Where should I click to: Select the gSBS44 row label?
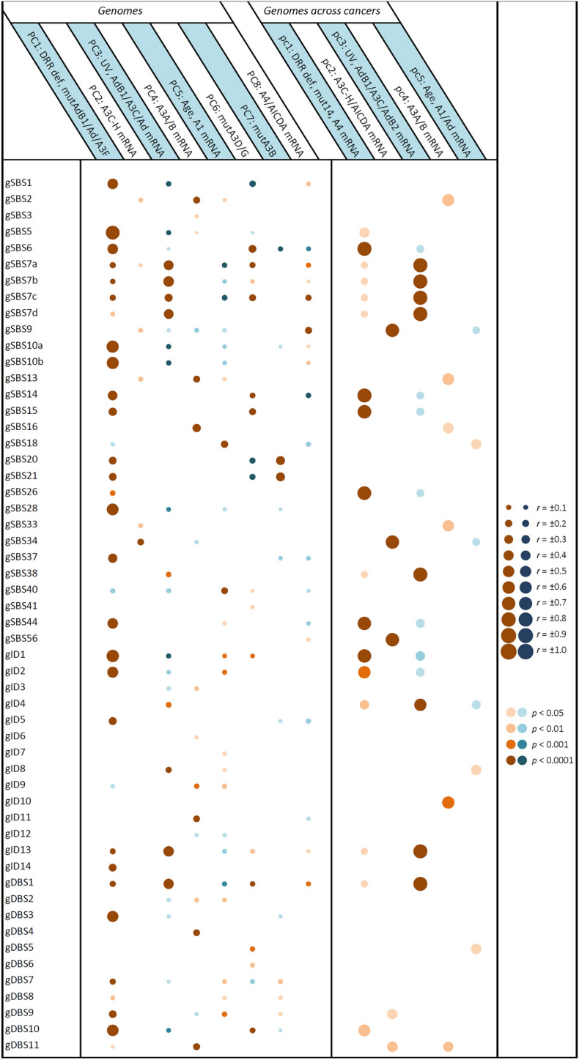(x=22, y=623)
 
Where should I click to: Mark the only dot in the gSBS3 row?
(x=196, y=216)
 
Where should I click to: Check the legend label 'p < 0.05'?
(x=551, y=712)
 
